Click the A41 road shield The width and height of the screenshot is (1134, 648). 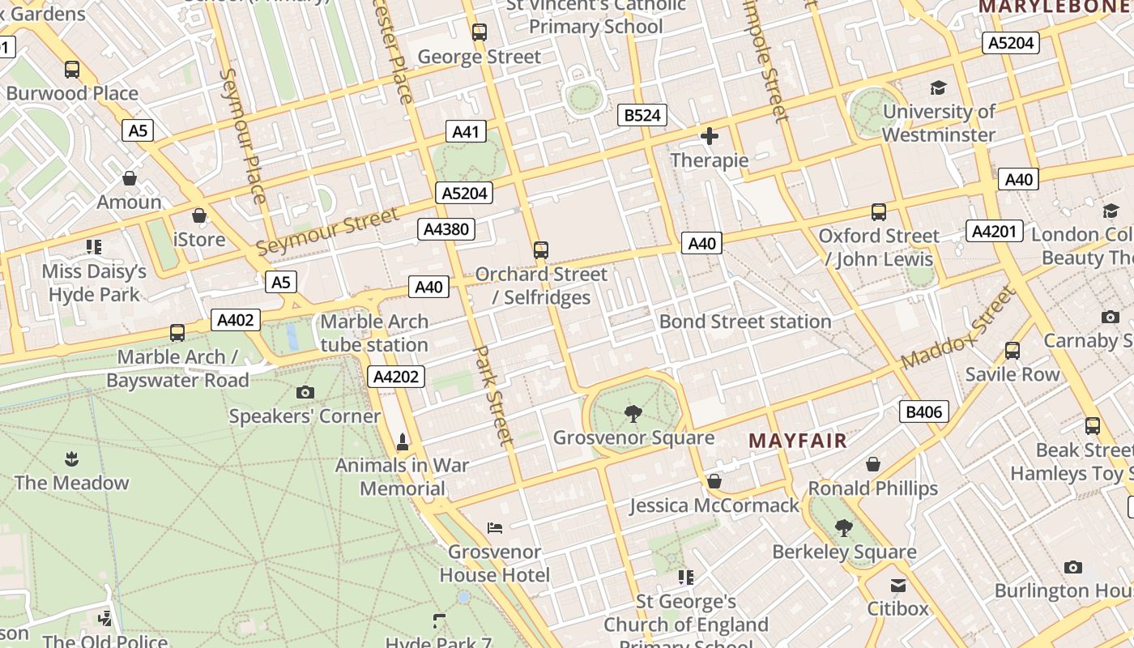pos(465,132)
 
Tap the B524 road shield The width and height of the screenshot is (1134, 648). pos(642,115)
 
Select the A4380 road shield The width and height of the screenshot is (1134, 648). pos(446,229)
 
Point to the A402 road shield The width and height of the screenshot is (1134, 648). pos(236,320)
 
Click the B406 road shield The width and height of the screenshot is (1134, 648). pos(923,412)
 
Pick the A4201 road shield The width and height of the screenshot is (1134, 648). pos(994,231)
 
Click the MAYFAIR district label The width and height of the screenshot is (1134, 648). pos(797,441)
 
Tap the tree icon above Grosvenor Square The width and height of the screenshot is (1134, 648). pos(633,415)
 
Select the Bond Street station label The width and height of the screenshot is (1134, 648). pos(745,322)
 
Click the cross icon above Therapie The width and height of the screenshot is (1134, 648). pos(710,136)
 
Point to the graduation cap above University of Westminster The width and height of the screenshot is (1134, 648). pos(938,87)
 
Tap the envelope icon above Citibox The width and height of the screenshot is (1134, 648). pos(897,585)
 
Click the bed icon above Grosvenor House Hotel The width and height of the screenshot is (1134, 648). pos(495,528)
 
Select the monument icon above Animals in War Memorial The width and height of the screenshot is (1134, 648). pos(402,441)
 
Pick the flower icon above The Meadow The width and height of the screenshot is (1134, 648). pos(71,459)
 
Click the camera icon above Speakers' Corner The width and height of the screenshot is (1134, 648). pos(305,393)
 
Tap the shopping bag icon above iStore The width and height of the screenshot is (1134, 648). pos(198,215)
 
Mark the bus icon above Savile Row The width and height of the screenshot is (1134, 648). pos(1012,351)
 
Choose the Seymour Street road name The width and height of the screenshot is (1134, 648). pos(328,231)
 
